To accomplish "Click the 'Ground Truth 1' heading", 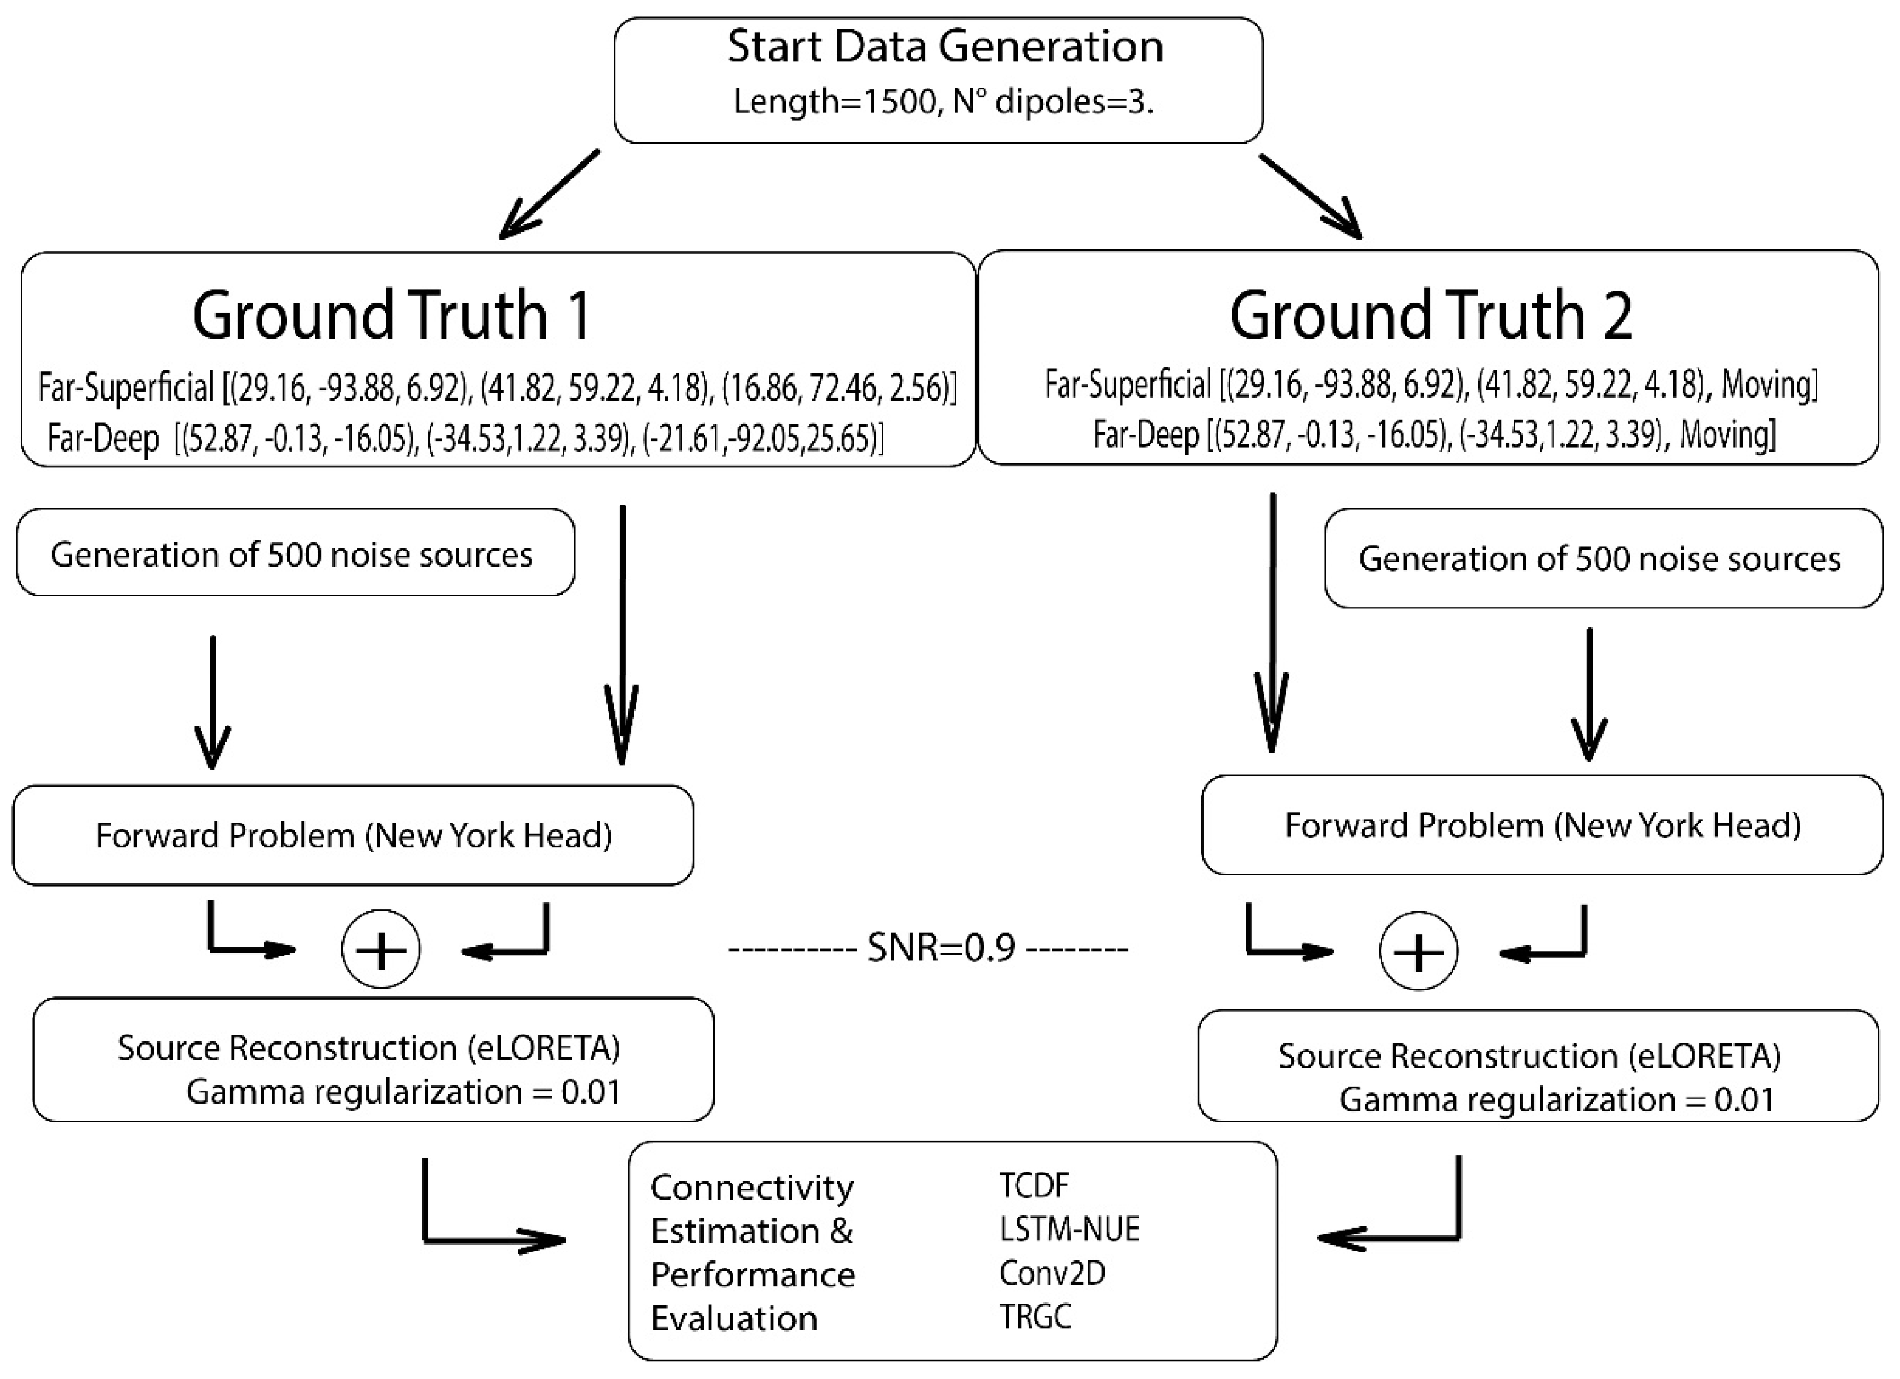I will (x=391, y=315).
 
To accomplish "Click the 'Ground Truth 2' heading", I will (x=1430, y=315).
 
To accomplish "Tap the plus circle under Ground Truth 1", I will (x=381, y=949).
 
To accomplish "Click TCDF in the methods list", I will (x=1034, y=1186).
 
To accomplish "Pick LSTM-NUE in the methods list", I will (x=1069, y=1229).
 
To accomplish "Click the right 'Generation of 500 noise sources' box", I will (x=1602, y=558).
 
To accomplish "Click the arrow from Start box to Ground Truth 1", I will (x=549, y=194).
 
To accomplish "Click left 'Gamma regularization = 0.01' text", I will (x=403, y=1092).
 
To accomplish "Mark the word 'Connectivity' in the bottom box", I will (x=751, y=1187).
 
